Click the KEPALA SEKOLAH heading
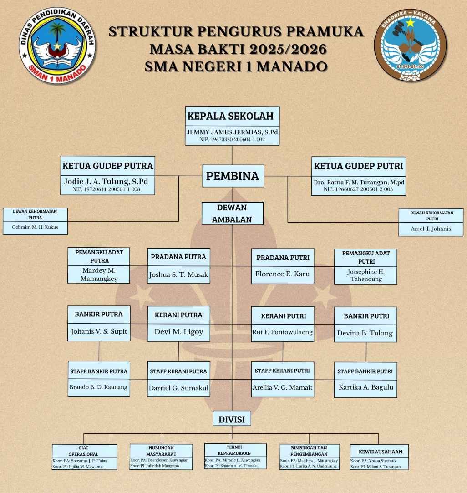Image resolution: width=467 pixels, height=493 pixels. (231, 116)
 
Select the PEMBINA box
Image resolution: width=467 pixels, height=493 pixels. (233, 176)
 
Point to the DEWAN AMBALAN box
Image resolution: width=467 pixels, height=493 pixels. (233, 213)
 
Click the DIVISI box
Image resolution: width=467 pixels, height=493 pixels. (233, 419)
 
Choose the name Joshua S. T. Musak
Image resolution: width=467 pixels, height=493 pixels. (178, 275)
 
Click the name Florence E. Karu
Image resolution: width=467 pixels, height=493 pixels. (282, 274)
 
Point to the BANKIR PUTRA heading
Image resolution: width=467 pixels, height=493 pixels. (99, 314)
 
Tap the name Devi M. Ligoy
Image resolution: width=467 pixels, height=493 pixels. (178, 331)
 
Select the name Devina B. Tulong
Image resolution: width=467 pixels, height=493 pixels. (365, 333)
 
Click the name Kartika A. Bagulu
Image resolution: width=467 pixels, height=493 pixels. (365, 388)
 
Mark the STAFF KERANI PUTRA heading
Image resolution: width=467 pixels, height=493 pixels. (178, 371)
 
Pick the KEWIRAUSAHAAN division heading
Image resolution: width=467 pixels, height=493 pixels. (377, 452)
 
